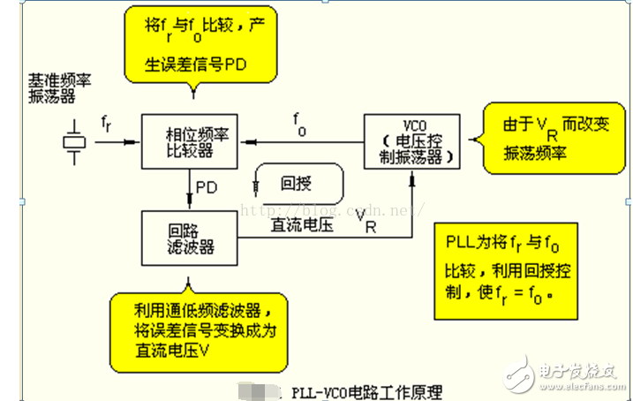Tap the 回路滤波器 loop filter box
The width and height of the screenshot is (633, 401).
click(190, 238)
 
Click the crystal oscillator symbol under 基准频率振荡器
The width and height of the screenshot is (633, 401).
click(75, 141)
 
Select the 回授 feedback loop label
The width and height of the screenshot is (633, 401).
click(295, 184)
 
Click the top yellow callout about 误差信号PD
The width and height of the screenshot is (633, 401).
click(199, 43)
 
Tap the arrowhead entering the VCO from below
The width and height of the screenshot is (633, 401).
click(412, 178)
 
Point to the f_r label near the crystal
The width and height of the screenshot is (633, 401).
click(106, 122)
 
